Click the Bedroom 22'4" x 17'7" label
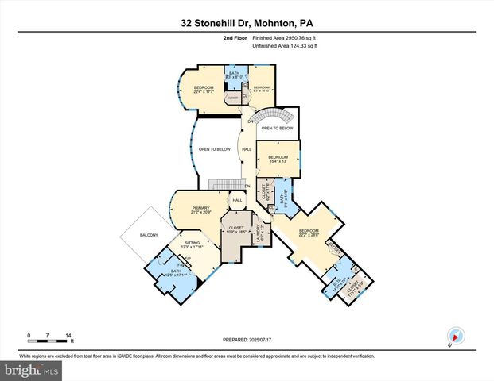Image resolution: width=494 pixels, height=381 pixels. click(x=204, y=90)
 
